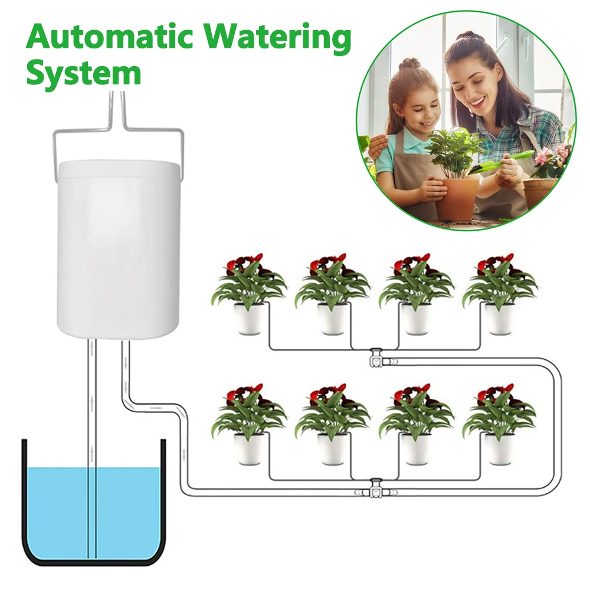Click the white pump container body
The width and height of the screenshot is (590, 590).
tap(118, 249)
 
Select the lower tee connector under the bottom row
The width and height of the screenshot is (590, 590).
tap(375, 489)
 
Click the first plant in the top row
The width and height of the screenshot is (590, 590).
tap(248, 293)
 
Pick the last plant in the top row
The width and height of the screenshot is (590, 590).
tap(499, 293)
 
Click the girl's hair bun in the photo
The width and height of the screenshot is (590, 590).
tap(409, 64)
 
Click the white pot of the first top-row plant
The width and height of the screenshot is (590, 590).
tap(248, 319)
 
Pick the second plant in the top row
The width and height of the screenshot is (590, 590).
tap(332, 293)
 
